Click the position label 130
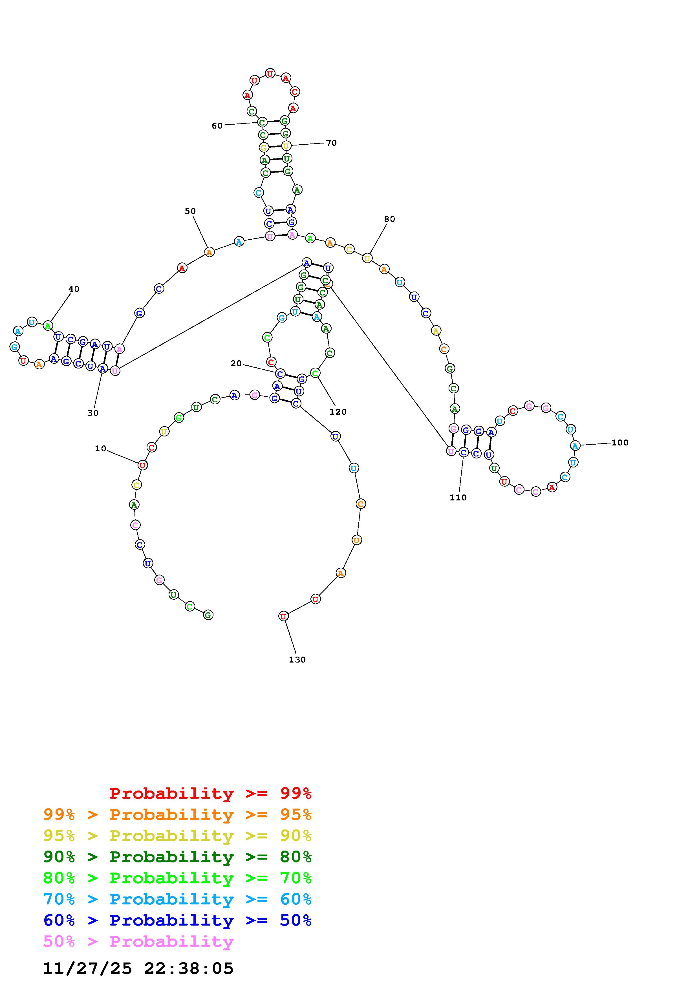pyautogui.click(x=297, y=659)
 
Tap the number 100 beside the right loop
pyautogui.click(x=620, y=442)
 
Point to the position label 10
pyautogui.click(x=100, y=449)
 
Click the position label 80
pyautogui.click(x=389, y=219)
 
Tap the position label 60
pyautogui.click(x=217, y=125)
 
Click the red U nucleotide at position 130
pyautogui.click(x=283, y=616)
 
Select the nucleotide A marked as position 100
pyautogui.click(x=575, y=446)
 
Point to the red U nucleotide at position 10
pyautogui.click(x=143, y=465)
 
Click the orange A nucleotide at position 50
pyautogui.click(x=209, y=252)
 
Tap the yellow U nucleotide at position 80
pyautogui.click(x=367, y=259)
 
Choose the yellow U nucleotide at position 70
pyautogui.click(x=286, y=146)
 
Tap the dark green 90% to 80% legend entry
pyautogui.click(x=177, y=857)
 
